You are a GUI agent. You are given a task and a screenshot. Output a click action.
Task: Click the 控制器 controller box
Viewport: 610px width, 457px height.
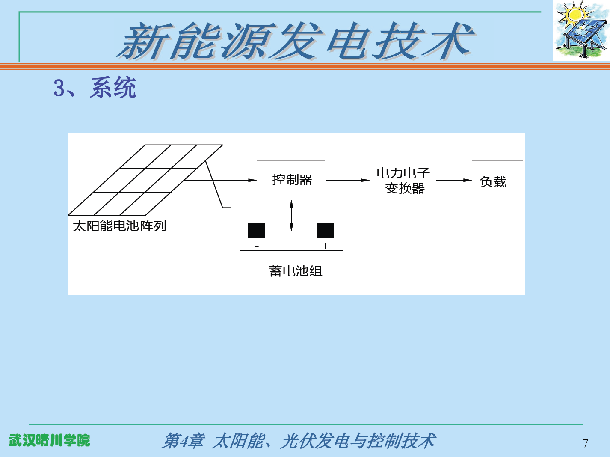point(291,180)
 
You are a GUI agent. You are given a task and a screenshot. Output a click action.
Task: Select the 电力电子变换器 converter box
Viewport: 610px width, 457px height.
point(403,180)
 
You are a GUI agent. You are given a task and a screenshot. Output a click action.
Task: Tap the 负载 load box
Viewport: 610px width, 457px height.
point(497,181)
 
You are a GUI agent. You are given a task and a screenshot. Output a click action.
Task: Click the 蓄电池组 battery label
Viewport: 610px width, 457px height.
point(296,271)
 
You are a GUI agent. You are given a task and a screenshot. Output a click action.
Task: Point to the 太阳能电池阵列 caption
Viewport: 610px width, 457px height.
point(119,226)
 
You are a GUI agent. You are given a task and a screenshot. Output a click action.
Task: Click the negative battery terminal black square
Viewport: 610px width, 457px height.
point(256,231)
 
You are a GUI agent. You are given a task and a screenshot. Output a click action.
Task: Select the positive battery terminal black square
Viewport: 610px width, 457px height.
point(325,231)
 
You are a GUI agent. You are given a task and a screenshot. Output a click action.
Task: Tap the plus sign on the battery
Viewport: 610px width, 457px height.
point(325,246)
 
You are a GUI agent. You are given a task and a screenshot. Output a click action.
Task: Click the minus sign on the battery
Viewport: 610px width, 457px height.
point(257,246)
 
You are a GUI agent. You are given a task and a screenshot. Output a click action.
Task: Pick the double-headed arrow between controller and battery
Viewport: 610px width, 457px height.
point(292,215)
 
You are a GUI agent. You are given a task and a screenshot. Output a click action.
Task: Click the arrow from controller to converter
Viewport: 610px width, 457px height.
point(347,180)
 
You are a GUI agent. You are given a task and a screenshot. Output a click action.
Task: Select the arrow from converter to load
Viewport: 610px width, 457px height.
point(454,180)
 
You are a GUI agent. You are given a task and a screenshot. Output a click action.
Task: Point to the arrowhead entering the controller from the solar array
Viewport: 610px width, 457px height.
point(252,180)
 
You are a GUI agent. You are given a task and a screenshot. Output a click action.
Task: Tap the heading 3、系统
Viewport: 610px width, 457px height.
point(95,88)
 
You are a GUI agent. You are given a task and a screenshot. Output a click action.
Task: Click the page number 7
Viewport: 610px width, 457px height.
point(585,444)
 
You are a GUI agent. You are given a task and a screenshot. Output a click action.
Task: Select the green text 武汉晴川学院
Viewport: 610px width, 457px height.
point(50,440)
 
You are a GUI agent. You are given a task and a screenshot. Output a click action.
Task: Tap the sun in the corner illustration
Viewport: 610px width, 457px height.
point(574,14)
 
